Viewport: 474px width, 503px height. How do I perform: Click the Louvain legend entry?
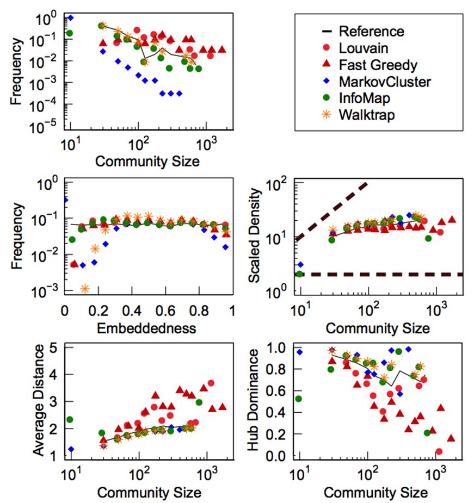tap(363, 48)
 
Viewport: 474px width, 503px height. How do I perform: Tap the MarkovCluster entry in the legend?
tap(385, 82)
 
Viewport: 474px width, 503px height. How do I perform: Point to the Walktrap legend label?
tap(366, 116)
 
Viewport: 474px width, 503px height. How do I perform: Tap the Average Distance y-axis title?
tap(39, 403)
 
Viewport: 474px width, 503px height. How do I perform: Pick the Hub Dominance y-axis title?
tap(254, 403)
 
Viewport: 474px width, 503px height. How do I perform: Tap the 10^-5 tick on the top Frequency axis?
tap(47, 128)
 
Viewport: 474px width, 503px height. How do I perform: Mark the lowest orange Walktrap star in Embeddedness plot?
tap(84, 289)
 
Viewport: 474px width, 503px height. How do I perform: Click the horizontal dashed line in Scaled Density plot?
tap(381, 275)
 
